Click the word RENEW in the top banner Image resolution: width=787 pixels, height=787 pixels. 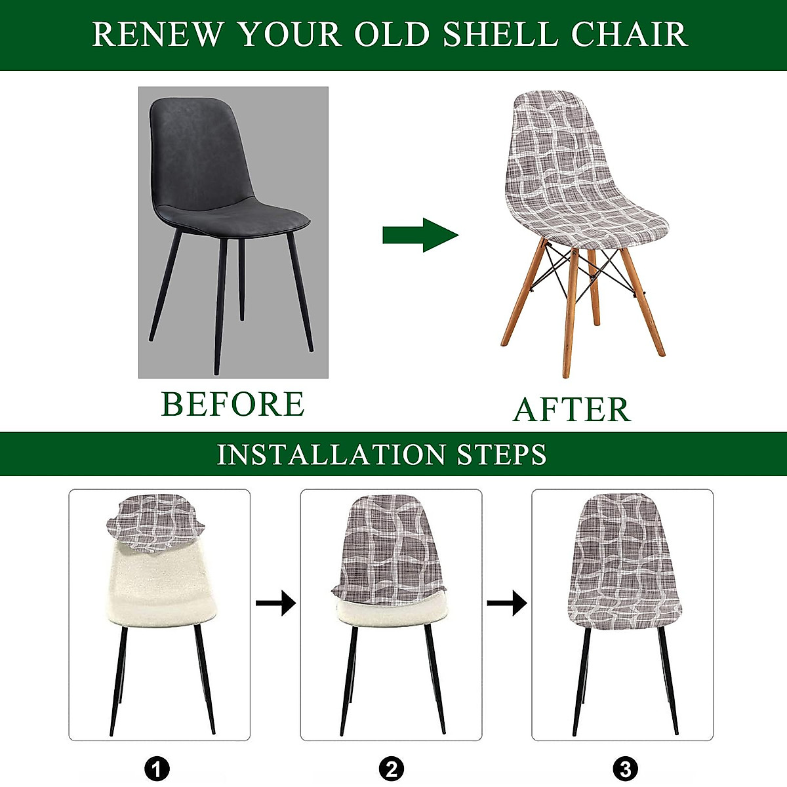pyautogui.click(x=158, y=34)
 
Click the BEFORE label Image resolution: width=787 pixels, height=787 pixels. pyautogui.click(x=233, y=404)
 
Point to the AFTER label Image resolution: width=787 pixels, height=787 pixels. pyautogui.click(x=571, y=409)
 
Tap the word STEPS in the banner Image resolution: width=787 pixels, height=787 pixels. pyautogui.click(x=502, y=454)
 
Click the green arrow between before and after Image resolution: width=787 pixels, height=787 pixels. pyautogui.click(x=420, y=235)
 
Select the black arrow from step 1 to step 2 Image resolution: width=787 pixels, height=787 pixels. pyautogui.click(x=275, y=602)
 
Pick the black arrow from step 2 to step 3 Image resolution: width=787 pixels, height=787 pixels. pyautogui.click(x=506, y=602)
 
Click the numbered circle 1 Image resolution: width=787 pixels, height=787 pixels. pyautogui.click(x=157, y=768)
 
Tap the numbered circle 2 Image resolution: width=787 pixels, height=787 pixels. pyautogui.click(x=392, y=768)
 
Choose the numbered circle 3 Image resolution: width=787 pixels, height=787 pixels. pyautogui.click(x=624, y=768)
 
